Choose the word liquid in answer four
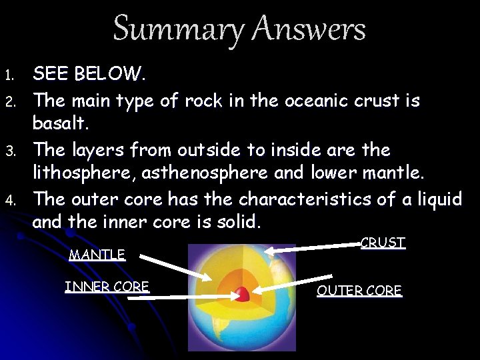tap(436, 199)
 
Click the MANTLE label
tap(97, 255)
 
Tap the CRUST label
tap(383, 243)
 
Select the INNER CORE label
tap(107, 287)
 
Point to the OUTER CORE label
tap(359, 291)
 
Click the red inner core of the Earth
tap(242, 293)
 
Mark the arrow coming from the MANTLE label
tap(173, 265)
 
